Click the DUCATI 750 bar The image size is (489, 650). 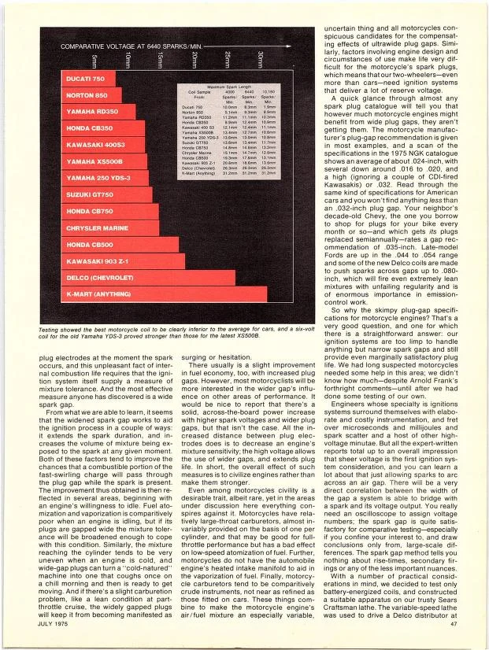tap(87, 80)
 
